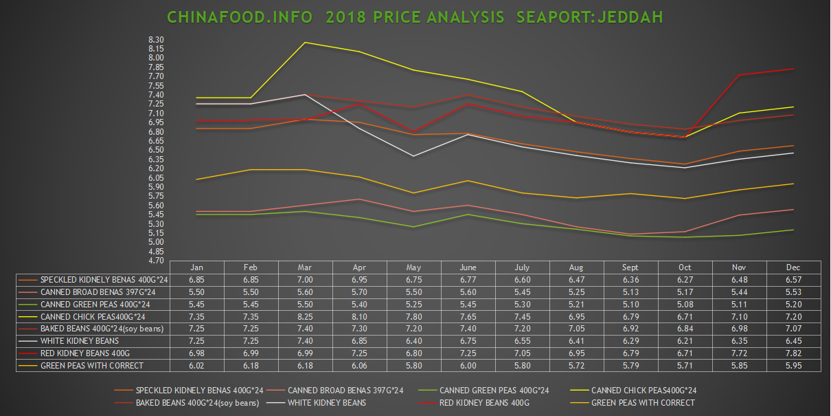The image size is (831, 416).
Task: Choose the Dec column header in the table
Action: coord(793,267)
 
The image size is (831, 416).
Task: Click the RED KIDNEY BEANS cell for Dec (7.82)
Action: coord(793,353)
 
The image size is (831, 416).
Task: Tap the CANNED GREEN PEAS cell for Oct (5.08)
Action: coord(685,304)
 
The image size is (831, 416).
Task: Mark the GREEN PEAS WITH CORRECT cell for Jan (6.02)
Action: coord(197,365)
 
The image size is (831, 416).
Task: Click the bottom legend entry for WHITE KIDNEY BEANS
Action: coord(326,403)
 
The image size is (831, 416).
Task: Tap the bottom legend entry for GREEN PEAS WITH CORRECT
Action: coord(643,403)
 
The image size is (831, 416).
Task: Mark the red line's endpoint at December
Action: coord(793,69)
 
